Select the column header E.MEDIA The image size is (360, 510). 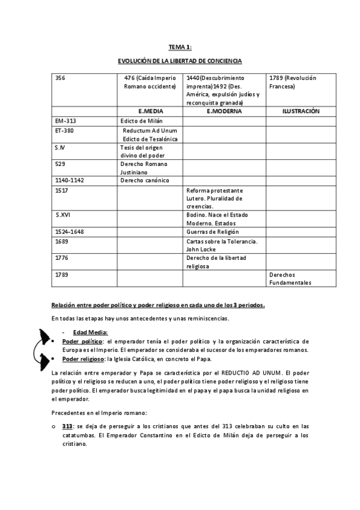[x=150, y=111]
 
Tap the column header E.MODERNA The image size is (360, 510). [x=224, y=111]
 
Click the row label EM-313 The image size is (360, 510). [x=65, y=121]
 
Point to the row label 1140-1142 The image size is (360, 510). [x=70, y=180]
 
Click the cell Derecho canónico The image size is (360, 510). [x=145, y=180]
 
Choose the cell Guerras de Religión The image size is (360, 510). [x=213, y=232]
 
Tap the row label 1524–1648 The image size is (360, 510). [x=70, y=232]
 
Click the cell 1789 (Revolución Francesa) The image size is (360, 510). [x=293, y=82]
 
